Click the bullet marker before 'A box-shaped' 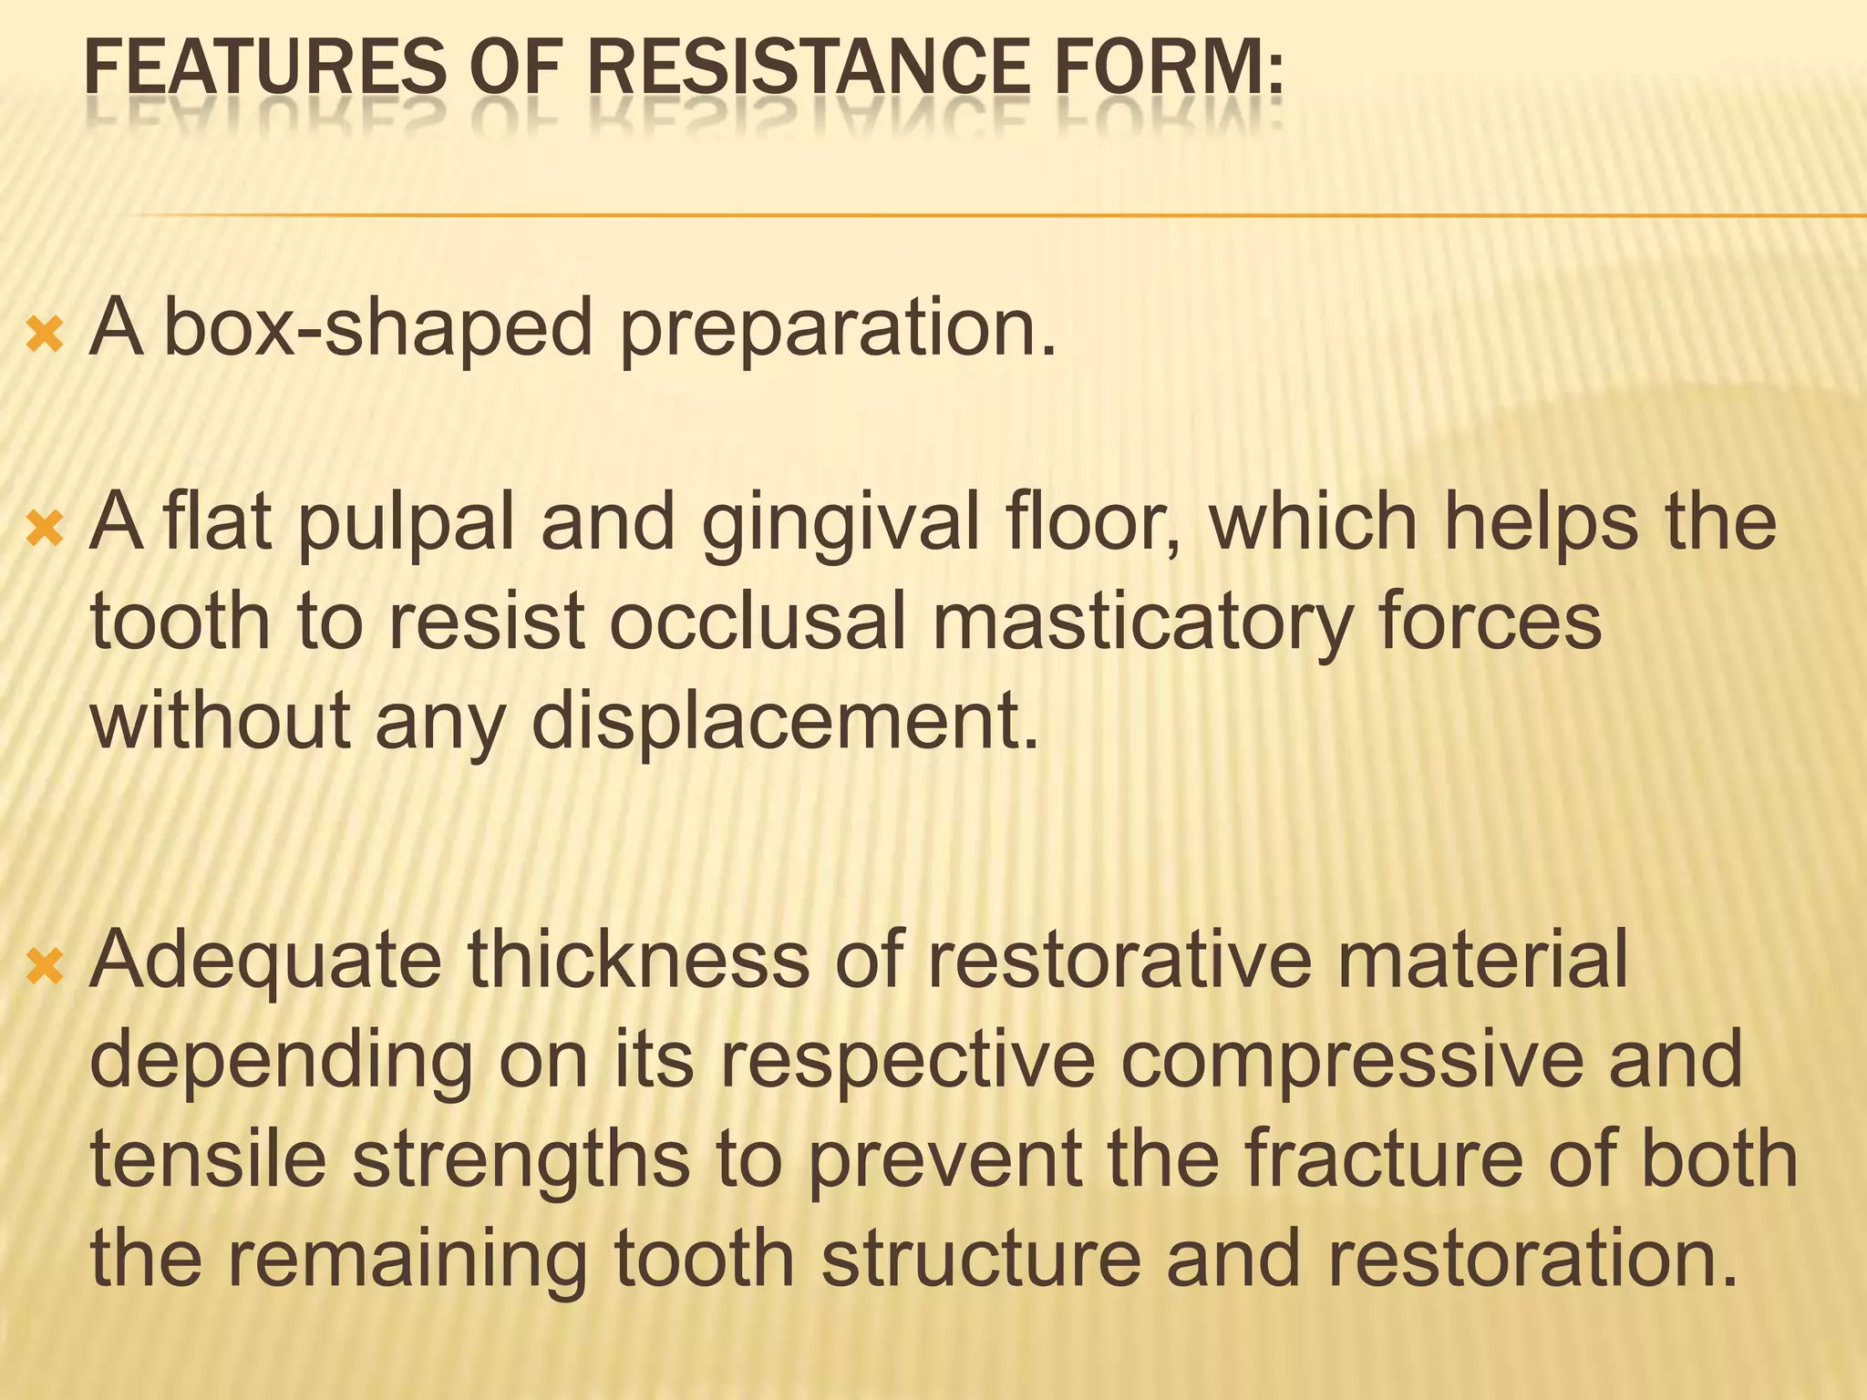pos(45,335)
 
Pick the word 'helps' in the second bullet pos(1541,525)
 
